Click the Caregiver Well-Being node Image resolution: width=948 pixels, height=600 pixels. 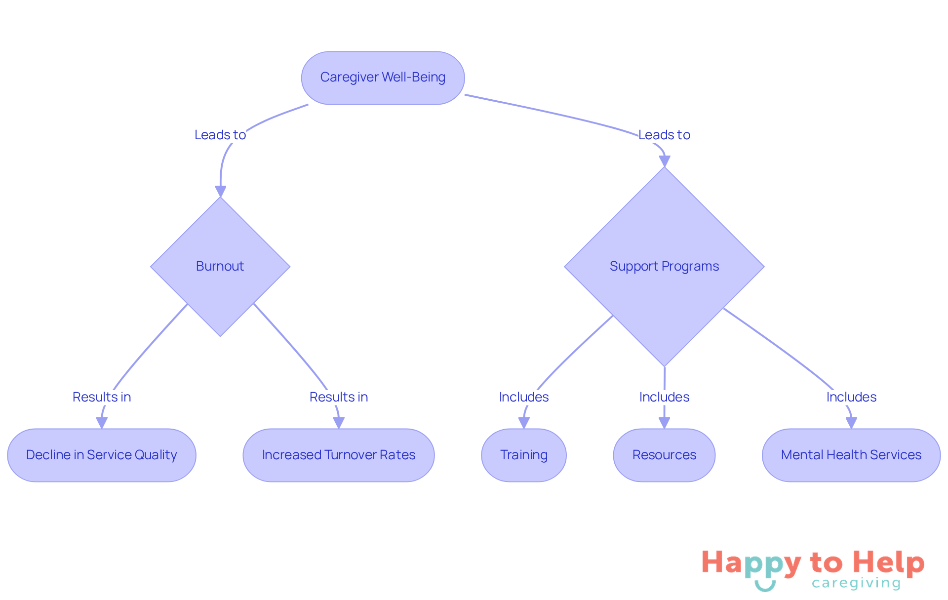tap(383, 78)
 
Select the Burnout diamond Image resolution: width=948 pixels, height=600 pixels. tap(220, 266)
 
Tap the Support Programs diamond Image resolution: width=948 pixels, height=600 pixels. tap(664, 266)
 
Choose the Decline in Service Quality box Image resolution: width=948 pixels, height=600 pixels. tap(102, 455)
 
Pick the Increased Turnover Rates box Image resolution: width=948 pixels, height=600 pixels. tap(339, 455)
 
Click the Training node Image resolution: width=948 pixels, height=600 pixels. tap(524, 455)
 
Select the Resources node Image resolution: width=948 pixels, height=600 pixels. tap(664, 455)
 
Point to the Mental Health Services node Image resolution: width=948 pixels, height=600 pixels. tap(851, 455)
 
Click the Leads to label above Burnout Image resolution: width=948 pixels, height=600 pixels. tap(220, 135)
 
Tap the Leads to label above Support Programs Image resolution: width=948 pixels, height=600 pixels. tap(664, 135)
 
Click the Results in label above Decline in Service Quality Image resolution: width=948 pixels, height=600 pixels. tap(102, 397)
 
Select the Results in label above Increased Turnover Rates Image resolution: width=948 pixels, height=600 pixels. tap(339, 397)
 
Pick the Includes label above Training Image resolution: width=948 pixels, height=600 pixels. tap(524, 397)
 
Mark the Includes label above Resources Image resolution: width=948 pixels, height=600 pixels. tap(664, 397)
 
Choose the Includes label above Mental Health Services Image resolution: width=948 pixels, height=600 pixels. tap(851, 397)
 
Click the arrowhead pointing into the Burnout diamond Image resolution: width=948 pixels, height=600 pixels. tap(220, 191)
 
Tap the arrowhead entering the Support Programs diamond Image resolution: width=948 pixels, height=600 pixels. tap(665, 161)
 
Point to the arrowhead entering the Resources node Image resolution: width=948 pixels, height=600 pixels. tap(664, 423)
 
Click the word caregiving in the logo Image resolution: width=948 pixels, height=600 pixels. tap(856, 583)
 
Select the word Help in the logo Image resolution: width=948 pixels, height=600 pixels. tap(888, 562)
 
